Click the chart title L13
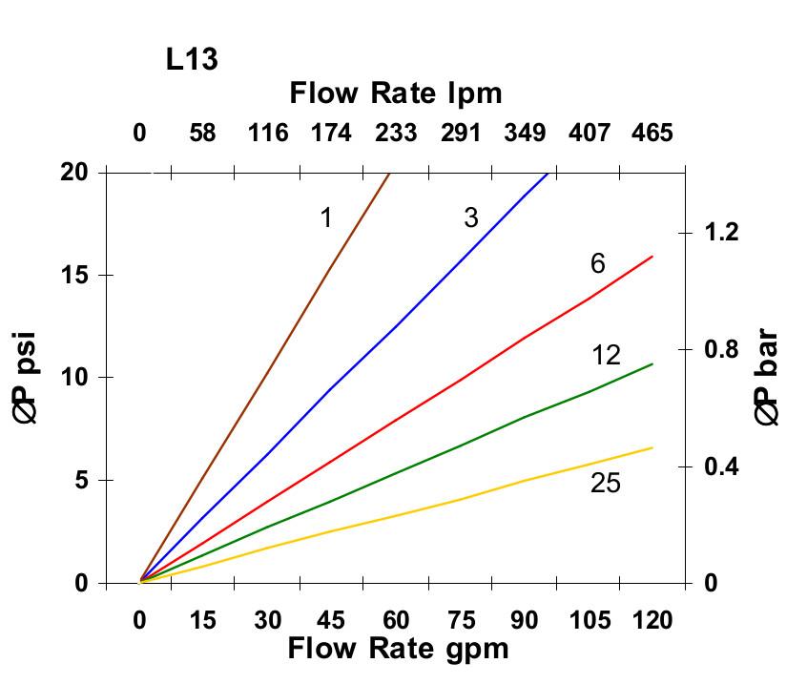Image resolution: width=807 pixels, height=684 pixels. (x=191, y=60)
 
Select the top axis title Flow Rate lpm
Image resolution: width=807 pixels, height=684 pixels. (x=396, y=93)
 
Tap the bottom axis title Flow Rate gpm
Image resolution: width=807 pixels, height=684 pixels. (x=398, y=649)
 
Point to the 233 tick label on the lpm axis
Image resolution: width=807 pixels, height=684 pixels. (x=395, y=133)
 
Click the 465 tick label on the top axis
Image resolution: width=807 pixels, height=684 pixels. (x=652, y=133)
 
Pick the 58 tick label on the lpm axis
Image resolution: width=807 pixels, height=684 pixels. (x=203, y=133)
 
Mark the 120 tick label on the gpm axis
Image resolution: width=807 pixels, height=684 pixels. (x=652, y=620)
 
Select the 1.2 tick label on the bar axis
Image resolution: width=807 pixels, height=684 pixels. (x=722, y=232)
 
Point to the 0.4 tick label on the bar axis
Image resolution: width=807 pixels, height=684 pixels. (x=722, y=466)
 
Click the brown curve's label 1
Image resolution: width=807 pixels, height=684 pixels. (x=325, y=218)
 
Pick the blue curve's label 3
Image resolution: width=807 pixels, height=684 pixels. (x=470, y=218)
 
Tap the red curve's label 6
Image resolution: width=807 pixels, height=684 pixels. (x=597, y=264)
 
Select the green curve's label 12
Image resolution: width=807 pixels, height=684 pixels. (x=606, y=356)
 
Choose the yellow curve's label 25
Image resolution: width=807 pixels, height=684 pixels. (x=606, y=484)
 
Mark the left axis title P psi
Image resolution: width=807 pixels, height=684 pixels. (x=30, y=377)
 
